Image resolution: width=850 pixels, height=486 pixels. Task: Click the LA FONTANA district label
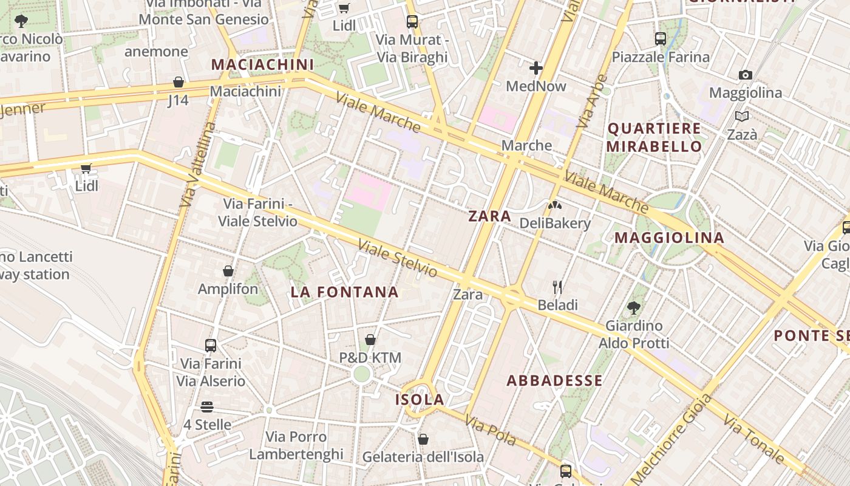(x=344, y=292)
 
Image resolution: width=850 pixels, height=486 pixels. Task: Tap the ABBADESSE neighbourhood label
(x=554, y=381)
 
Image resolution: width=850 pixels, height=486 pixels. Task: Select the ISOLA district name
(x=420, y=400)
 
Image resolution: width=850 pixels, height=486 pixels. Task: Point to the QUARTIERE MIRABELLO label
(x=654, y=137)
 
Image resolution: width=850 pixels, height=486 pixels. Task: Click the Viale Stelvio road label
(x=397, y=259)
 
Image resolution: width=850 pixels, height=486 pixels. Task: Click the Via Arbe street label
(x=592, y=101)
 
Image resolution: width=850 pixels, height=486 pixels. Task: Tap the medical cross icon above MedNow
(x=535, y=68)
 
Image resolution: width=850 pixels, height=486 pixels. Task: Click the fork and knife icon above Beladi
(x=557, y=287)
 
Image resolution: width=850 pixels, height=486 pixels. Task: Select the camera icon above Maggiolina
(x=746, y=75)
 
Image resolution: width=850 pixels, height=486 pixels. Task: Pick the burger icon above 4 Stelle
(x=207, y=406)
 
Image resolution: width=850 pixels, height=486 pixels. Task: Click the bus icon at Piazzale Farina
(x=661, y=39)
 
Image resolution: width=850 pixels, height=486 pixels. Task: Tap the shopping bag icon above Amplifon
(x=228, y=271)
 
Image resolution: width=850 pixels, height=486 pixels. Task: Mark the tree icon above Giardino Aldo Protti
(x=634, y=307)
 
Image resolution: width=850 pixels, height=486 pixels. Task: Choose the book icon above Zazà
(x=741, y=116)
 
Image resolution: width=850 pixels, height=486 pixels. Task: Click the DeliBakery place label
(x=555, y=223)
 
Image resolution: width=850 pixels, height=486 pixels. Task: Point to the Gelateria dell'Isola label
(x=423, y=457)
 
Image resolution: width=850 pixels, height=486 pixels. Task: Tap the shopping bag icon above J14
(x=178, y=82)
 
